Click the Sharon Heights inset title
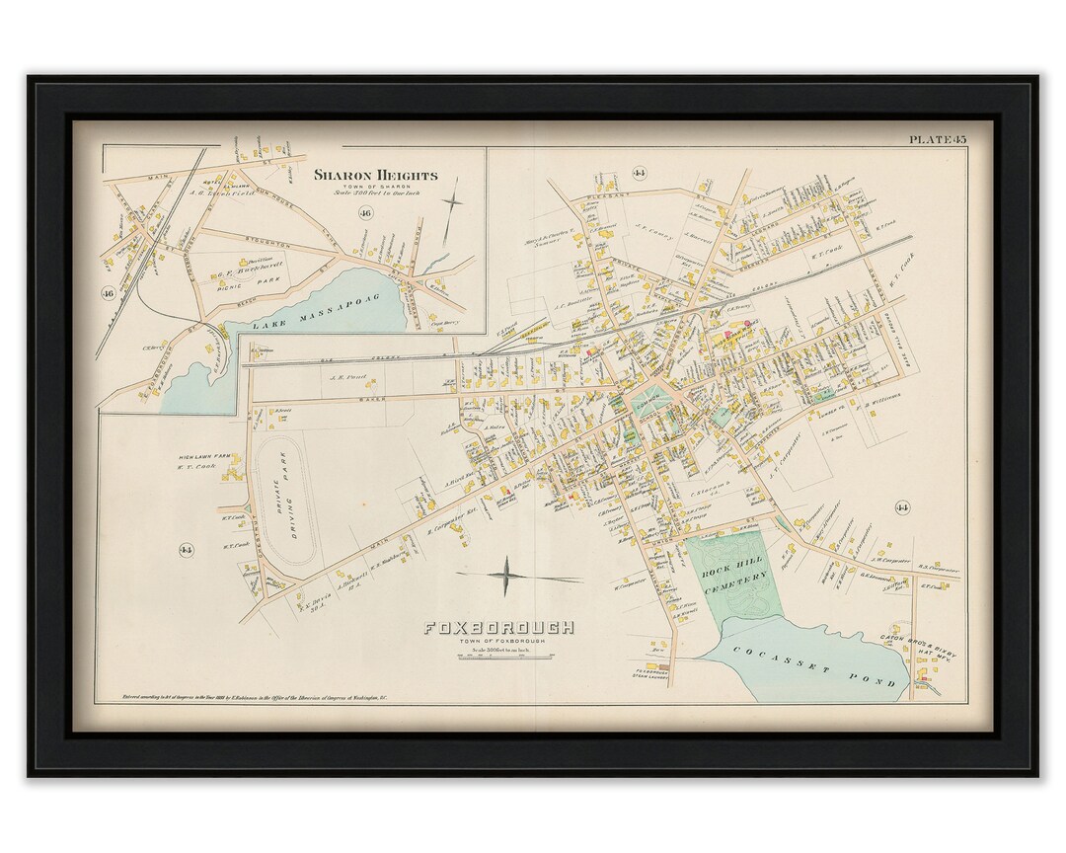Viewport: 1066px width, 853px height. [x=375, y=176]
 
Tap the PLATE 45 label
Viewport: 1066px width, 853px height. [x=937, y=140]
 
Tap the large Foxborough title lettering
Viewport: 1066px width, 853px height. [x=498, y=627]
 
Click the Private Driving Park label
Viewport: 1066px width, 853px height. [x=293, y=502]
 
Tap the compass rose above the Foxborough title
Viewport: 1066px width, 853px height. [x=506, y=576]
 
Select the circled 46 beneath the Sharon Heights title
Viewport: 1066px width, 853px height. [x=366, y=213]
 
